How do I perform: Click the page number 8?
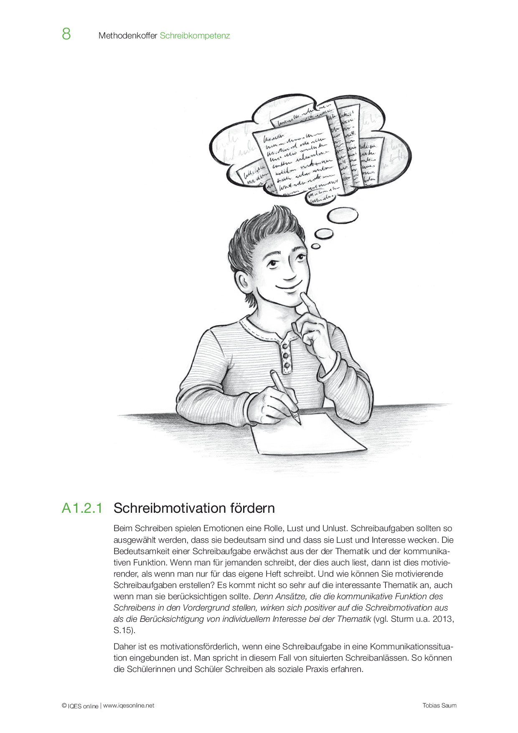pos(66,34)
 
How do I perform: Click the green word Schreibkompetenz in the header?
pos(195,36)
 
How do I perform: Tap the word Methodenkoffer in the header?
pos(127,36)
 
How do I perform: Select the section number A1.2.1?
pos(82,508)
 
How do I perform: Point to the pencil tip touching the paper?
pos(299,423)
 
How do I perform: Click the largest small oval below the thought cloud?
pos(342,216)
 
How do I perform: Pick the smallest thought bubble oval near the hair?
pos(316,246)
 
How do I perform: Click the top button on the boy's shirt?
pos(284,346)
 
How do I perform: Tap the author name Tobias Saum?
pos(439,705)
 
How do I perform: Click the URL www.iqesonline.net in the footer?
pos(129,705)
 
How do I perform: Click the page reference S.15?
pos(123,630)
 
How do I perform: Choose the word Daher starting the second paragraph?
pos(125,646)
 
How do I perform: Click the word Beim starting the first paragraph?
pos(123,529)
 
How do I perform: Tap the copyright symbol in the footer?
pos(64,705)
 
